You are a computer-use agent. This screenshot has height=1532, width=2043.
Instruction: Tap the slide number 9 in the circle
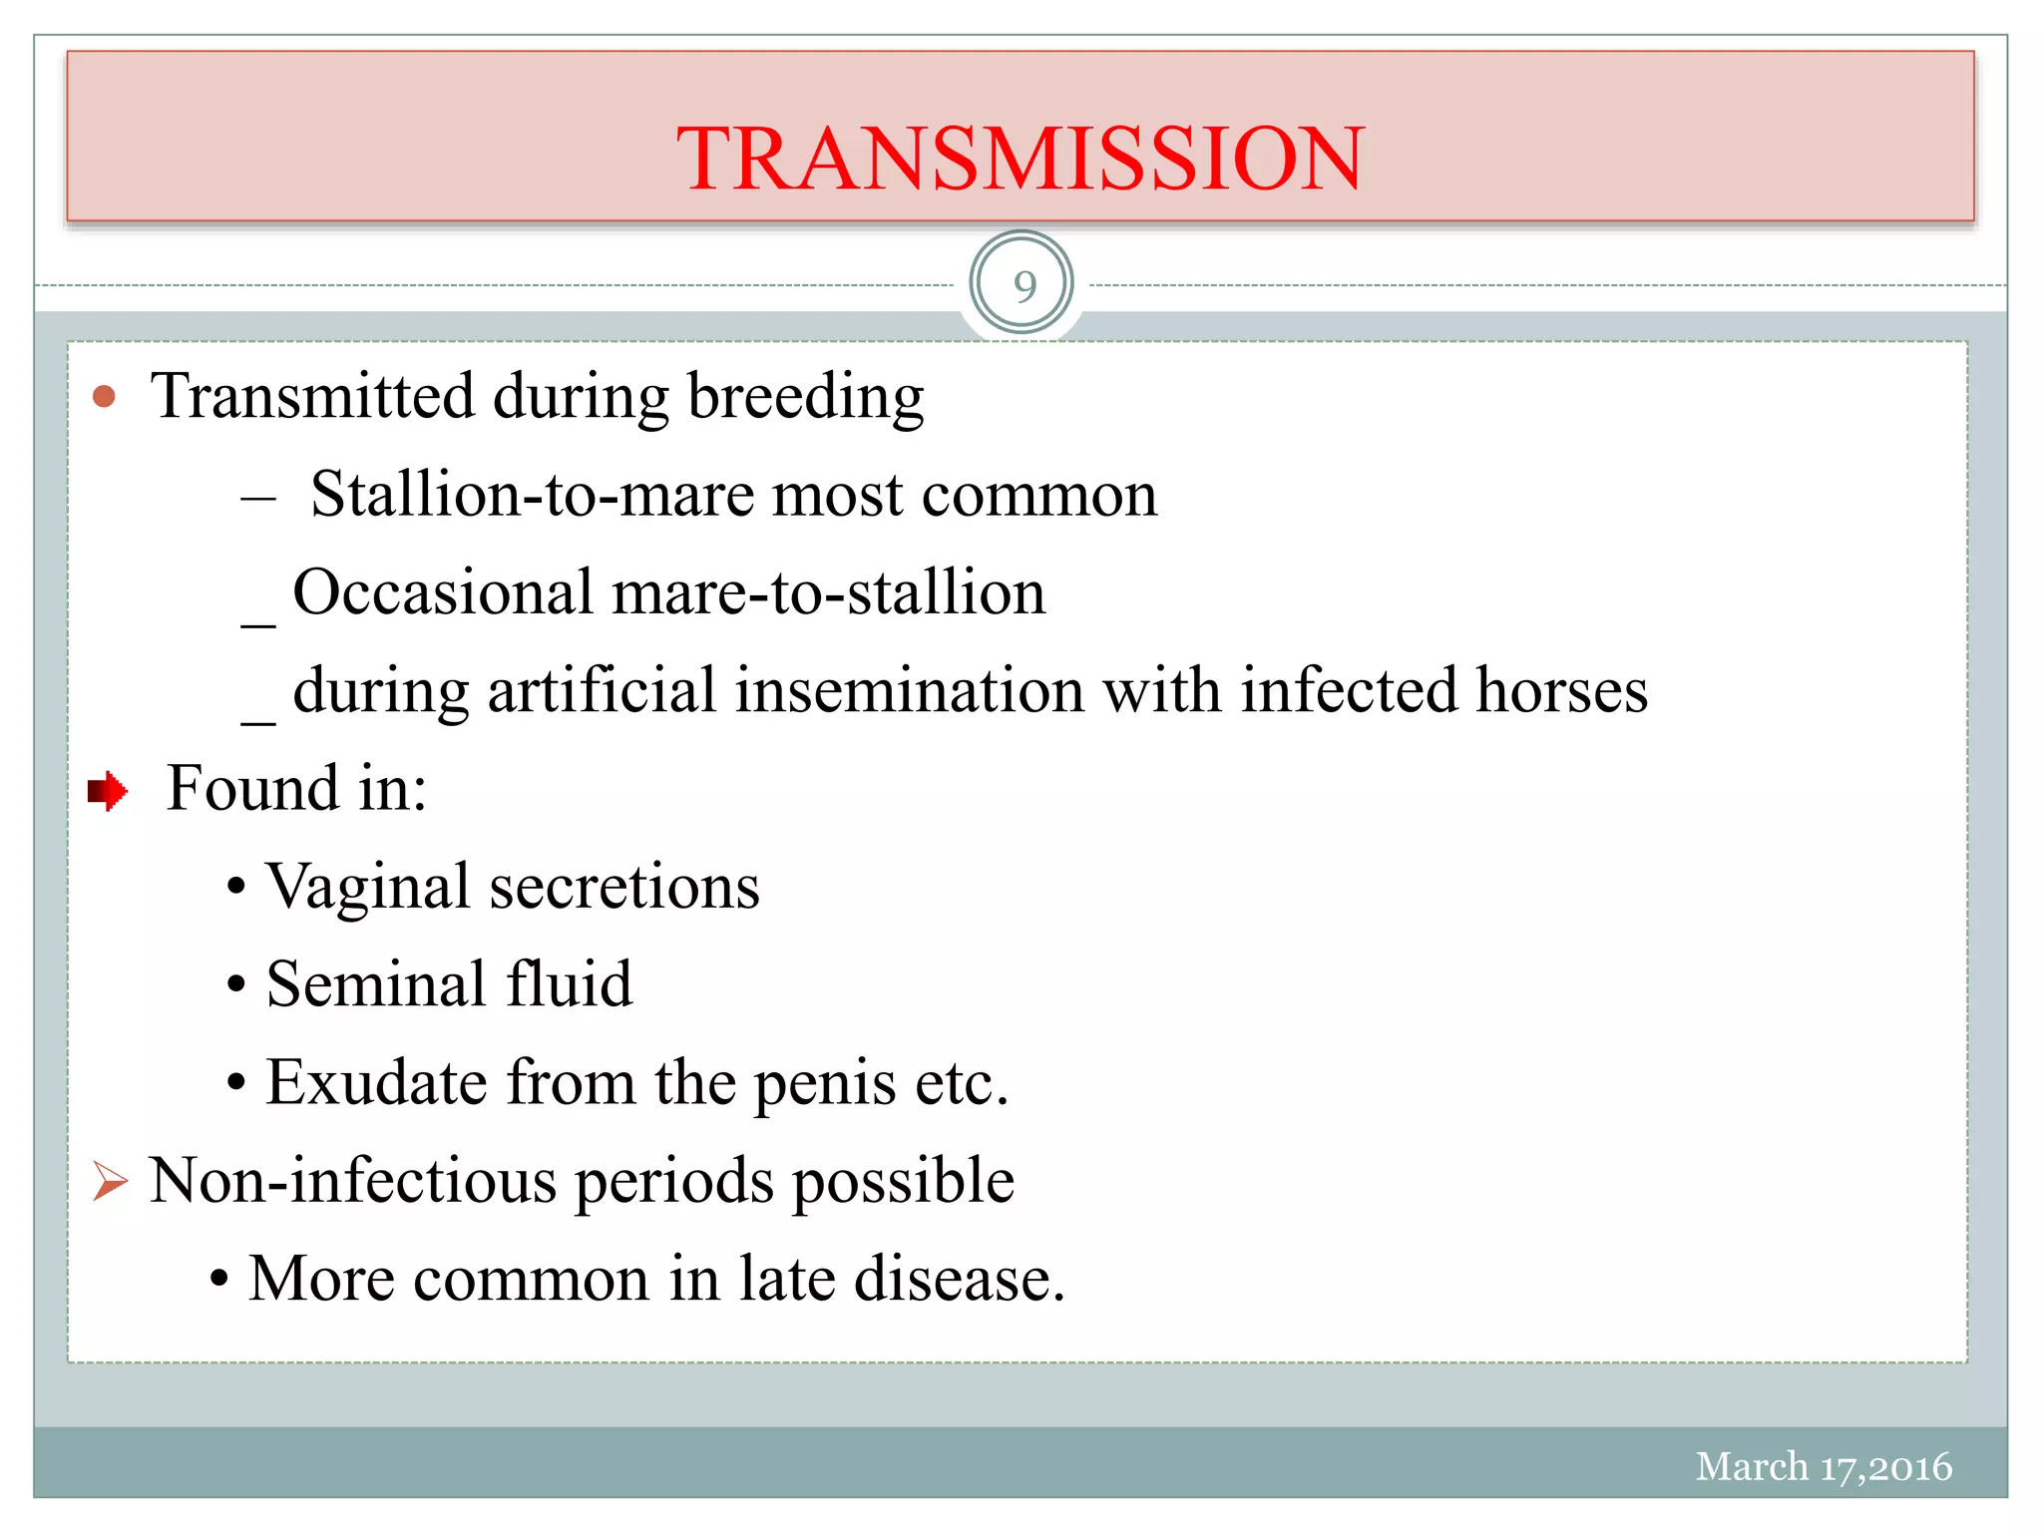coord(1023,286)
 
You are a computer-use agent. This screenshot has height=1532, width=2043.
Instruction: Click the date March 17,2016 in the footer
coord(1823,1466)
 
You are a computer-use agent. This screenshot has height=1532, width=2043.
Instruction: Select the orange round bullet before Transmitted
coord(104,398)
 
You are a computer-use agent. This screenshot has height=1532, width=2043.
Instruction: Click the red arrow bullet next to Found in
coord(108,791)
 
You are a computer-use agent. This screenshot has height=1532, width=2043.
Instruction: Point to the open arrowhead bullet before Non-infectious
coord(110,1182)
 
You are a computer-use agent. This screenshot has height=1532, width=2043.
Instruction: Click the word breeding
coord(805,398)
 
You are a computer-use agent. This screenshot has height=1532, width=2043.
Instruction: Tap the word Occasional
coord(443,592)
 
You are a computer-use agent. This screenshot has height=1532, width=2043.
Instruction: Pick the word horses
coord(1561,690)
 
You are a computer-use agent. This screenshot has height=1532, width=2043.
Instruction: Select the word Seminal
coord(376,984)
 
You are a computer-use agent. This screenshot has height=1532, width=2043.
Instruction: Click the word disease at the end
coord(959,1279)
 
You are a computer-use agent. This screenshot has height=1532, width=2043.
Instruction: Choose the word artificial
coord(602,690)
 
